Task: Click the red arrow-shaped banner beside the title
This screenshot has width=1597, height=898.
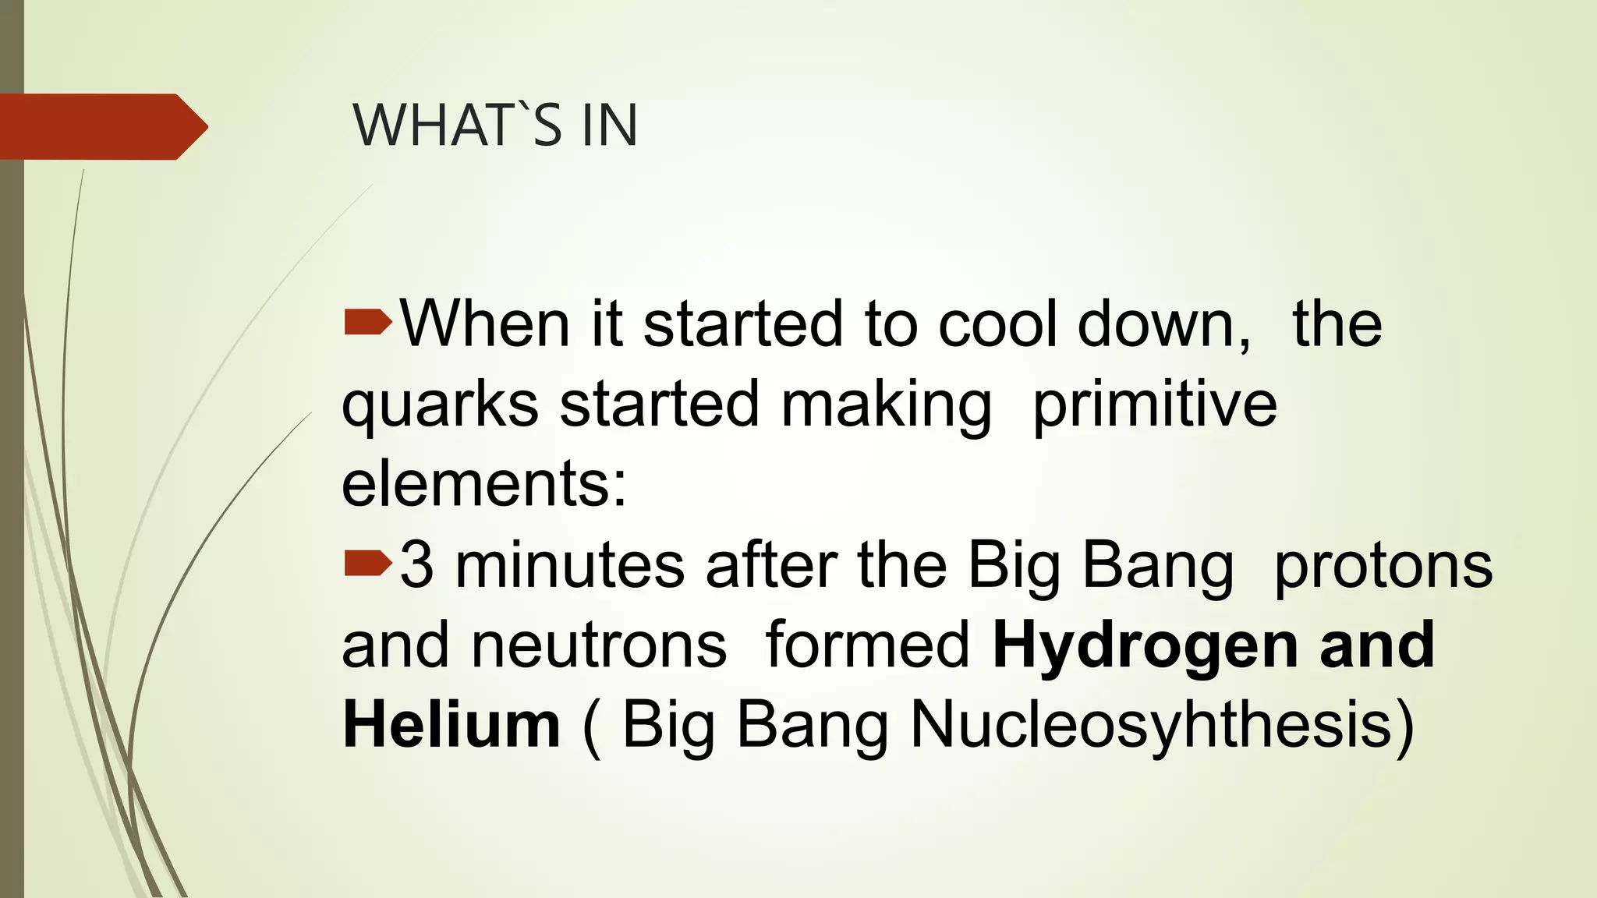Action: pyautogui.click(x=101, y=126)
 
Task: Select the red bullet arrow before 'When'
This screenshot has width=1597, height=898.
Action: pyautogui.click(x=367, y=321)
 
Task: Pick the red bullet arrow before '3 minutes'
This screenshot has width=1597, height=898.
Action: pyautogui.click(x=367, y=563)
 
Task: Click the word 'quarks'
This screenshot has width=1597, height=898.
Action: pyautogui.click(x=440, y=405)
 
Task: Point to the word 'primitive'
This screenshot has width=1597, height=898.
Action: pyautogui.click(x=1154, y=405)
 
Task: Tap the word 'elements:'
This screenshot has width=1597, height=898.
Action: pyautogui.click(x=484, y=483)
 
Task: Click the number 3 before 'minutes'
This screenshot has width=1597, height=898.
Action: pyautogui.click(x=417, y=564)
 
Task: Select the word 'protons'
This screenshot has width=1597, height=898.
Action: pyautogui.click(x=1383, y=564)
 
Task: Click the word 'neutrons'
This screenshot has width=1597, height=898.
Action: pyautogui.click(x=599, y=645)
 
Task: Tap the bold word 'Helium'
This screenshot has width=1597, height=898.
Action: pyautogui.click(x=451, y=725)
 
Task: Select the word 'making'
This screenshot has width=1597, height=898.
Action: pyautogui.click(x=887, y=405)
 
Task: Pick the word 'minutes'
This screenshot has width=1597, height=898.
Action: pyautogui.click(x=570, y=564)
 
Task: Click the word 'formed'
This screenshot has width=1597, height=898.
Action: pyautogui.click(x=868, y=645)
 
